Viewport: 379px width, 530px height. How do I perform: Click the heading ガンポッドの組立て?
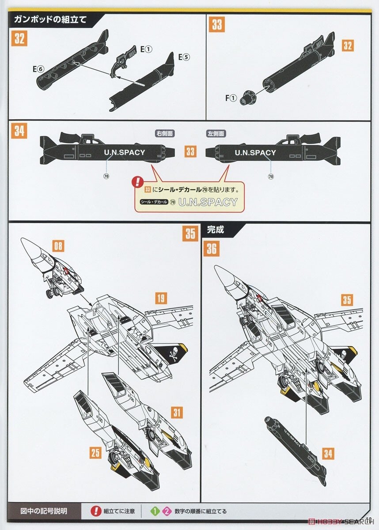click(50, 19)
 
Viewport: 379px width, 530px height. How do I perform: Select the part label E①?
click(146, 50)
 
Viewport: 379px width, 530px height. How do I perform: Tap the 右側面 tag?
click(164, 133)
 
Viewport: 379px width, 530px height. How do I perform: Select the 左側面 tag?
click(216, 133)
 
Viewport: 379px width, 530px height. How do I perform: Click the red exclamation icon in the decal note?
click(138, 181)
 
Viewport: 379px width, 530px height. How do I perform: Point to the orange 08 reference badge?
click(58, 245)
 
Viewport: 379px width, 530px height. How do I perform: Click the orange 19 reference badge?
click(161, 298)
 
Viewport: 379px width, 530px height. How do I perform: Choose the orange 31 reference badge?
click(177, 413)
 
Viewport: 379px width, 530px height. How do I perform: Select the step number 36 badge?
click(212, 249)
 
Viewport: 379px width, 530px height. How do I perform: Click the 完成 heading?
click(216, 230)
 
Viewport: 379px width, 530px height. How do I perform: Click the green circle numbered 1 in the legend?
click(155, 511)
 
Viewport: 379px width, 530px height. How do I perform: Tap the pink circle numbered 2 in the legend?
click(166, 511)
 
